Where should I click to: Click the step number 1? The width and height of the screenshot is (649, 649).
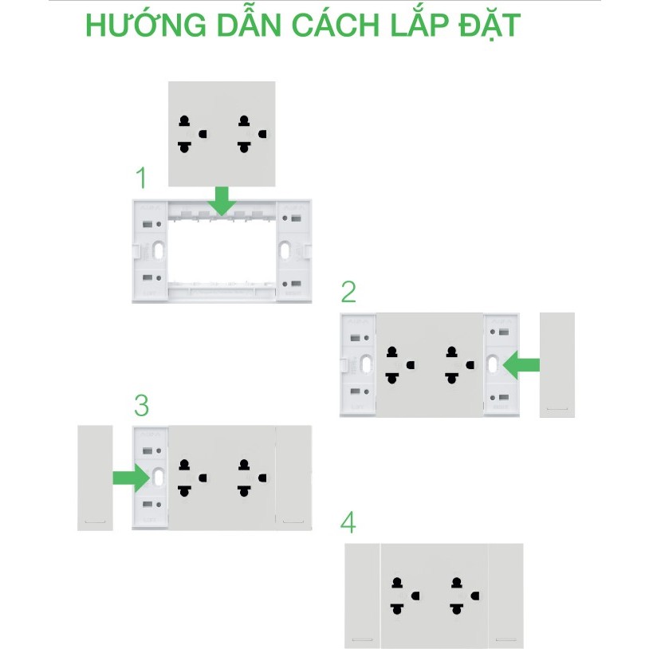point(142,178)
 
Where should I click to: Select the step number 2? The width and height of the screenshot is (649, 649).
point(348,293)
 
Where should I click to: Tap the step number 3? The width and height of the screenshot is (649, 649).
point(141,406)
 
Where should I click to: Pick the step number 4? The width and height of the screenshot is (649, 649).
point(348,524)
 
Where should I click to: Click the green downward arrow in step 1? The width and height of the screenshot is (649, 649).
point(222,200)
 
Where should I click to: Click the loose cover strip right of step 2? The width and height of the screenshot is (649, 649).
point(557,365)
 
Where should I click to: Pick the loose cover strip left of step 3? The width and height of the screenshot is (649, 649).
point(95,478)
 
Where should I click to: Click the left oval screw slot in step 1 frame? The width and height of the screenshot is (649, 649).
point(159,250)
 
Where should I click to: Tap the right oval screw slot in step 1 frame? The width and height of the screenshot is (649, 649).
point(285,250)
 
